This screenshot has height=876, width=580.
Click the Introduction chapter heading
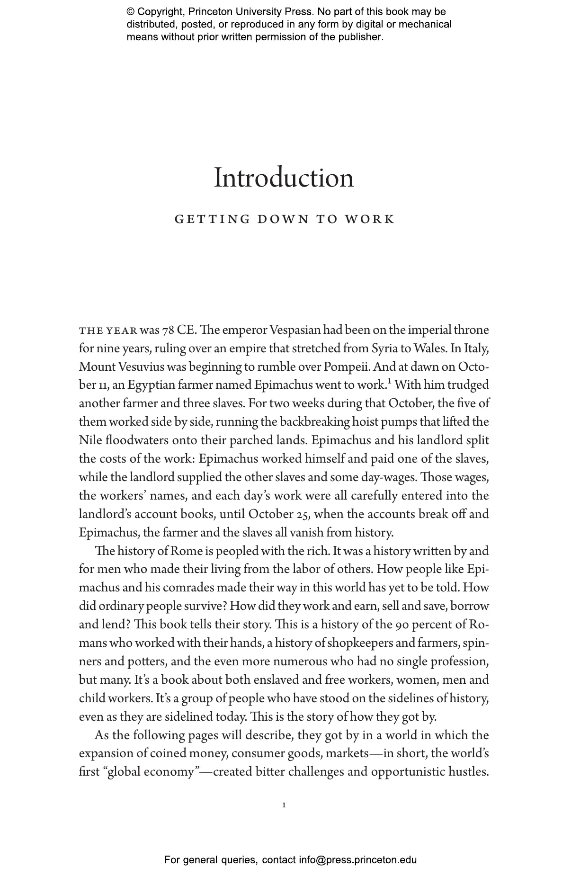[284, 178]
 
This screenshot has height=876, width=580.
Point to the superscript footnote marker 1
[389, 381]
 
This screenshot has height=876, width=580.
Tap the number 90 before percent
[402, 625]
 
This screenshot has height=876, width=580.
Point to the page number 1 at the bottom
[284, 805]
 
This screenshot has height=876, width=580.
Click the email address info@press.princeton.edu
[357, 860]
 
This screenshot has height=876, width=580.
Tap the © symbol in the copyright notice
[131, 12]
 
